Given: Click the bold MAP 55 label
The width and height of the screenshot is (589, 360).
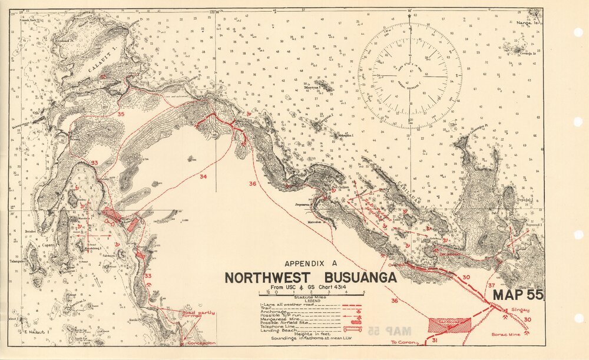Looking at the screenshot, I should [x=518, y=295].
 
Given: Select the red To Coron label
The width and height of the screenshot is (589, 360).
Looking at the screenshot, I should [x=403, y=342].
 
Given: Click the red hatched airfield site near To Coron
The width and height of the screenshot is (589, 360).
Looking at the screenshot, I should [x=450, y=325].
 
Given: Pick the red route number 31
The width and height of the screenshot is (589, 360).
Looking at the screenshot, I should [x=435, y=341].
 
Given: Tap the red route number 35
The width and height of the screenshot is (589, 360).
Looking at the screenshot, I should [x=121, y=114].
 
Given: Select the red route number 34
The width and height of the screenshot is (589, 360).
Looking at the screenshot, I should [x=203, y=176].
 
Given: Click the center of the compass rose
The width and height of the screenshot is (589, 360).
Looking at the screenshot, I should [x=410, y=76].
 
